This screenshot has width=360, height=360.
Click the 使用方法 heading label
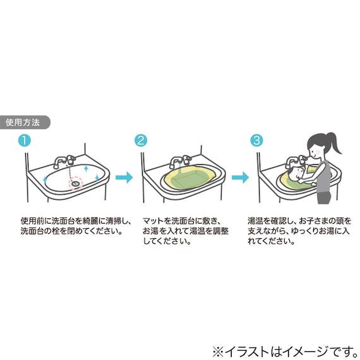click(x=23, y=123)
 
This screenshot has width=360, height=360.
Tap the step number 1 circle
click(x=23, y=140)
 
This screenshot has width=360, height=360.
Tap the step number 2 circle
click(x=141, y=140)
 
